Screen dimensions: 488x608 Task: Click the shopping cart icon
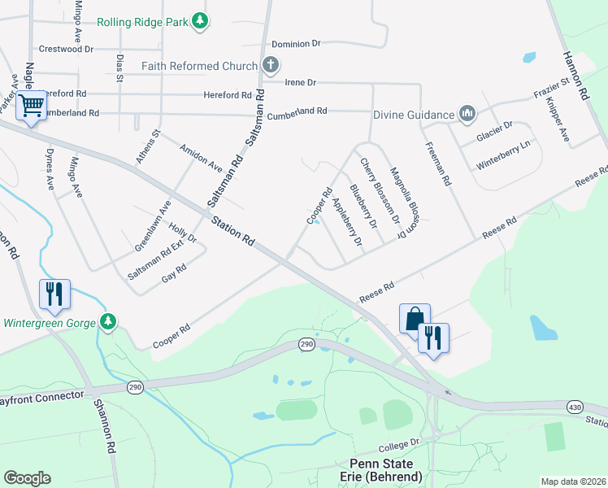[x=31, y=105]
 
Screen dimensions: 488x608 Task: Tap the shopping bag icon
[x=415, y=317]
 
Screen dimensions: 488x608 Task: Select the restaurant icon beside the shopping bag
[x=433, y=336]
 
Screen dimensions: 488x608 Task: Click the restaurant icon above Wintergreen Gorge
[x=54, y=293]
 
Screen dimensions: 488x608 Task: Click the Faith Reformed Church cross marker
[x=271, y=65]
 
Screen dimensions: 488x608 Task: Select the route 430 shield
[x=574, y=407]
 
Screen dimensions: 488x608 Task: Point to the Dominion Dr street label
[x=297, y=44]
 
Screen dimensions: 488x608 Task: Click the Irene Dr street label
[x=300, y=83]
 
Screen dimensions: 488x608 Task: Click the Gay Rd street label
[x=174, y=272]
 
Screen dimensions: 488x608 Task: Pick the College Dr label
[x=402, y=442]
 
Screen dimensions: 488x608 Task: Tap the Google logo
[x=27, y=478]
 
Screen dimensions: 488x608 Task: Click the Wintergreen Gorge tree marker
[x=107, y=322]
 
